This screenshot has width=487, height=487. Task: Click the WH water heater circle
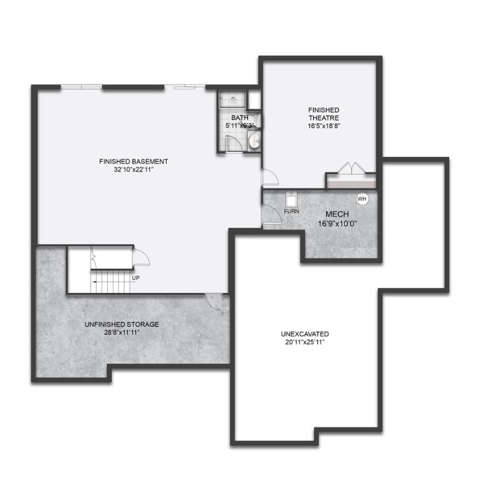(x=362, y=199)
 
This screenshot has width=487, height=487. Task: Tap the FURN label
(x=291, y=211)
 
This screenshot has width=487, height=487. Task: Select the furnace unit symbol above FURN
(x=292, y=197)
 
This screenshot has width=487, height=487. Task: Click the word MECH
(x=334, y=214)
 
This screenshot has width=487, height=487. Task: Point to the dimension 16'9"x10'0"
(x=337, y=224)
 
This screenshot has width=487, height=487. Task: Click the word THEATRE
(x=323, y=118)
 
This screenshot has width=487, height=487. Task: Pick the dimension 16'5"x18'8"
(x=323, y=126)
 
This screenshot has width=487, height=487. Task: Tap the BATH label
(x=240, y=118)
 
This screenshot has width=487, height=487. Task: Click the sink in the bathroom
(x=254, y=141)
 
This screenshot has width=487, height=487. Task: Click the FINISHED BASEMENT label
(x=134, y=161)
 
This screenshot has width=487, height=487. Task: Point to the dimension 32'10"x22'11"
(x=134, y=169)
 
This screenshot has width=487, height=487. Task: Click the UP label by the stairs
(x=136, y=278)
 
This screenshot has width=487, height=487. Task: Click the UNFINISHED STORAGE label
(x=122, y=324)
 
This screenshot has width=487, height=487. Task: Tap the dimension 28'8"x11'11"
(x=122, y=332)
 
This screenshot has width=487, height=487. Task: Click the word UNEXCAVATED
(x=305, y=334)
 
